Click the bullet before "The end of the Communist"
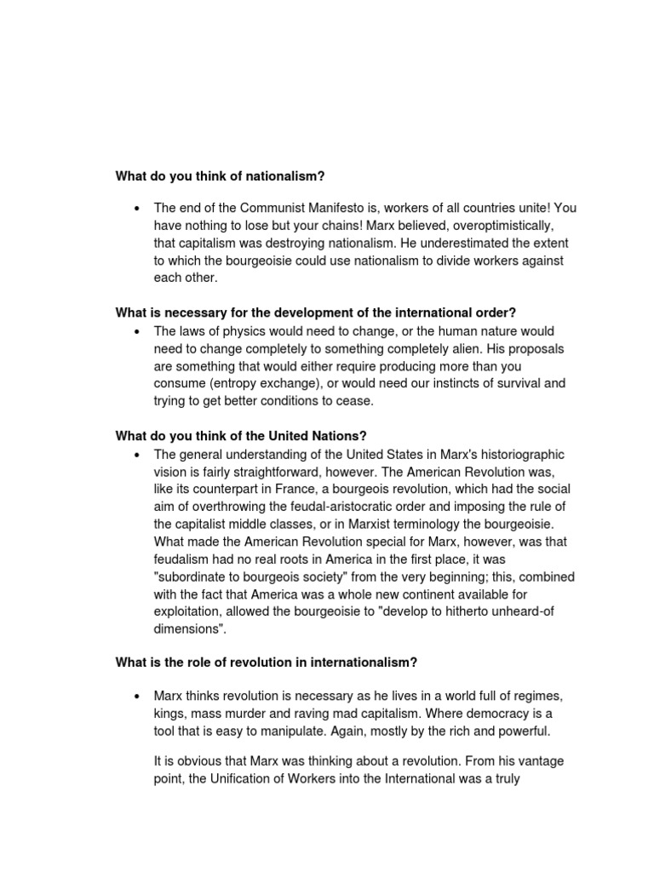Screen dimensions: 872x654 [x=135, y=208]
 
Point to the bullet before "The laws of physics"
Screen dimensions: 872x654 [x=135, y=330]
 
